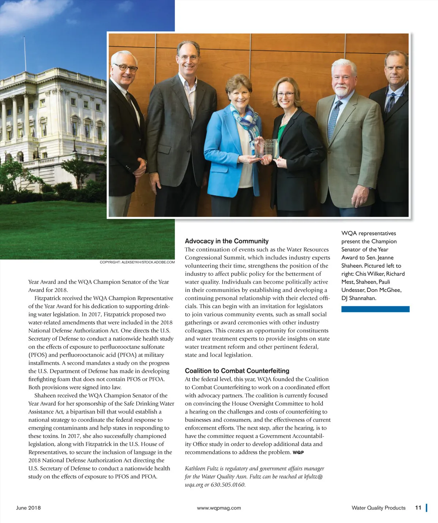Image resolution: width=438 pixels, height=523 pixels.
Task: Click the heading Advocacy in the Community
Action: [226, 241]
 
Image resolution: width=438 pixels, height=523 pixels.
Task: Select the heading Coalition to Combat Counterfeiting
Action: [237, 371]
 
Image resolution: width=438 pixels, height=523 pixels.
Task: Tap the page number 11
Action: [418, 508]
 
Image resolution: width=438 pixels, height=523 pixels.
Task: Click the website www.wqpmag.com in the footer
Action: [219, 508]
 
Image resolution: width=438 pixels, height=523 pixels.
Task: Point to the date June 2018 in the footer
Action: [28, 508]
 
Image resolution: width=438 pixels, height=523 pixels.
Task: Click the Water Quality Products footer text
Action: [378, 508]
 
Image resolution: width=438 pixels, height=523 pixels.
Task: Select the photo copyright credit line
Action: [137, 262]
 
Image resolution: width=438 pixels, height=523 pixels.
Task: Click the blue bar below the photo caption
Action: [375, 309]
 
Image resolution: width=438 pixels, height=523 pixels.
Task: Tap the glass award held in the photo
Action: [268, 148]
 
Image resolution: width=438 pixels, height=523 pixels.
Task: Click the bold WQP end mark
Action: [298, 453]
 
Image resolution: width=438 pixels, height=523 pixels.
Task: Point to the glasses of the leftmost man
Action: [125, 68]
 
